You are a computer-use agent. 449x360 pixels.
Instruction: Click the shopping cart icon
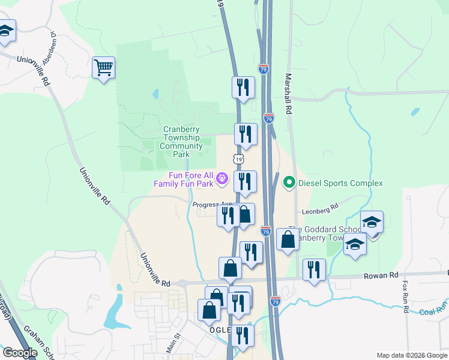coord(103,68)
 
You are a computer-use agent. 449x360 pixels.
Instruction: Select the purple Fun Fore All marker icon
coord(223,178)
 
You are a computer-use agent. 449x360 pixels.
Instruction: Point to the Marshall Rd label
coord(288,94)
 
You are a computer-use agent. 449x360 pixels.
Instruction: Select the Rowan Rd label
coord(380,275)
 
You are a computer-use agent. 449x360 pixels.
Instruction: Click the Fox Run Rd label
coord(406,297)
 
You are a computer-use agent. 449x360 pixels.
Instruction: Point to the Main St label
coord(173,344)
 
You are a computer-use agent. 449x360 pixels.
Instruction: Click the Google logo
coord(20,353)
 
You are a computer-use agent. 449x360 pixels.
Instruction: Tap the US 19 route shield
coord(239,160)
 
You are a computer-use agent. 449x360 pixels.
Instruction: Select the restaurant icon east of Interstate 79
coord(314,269)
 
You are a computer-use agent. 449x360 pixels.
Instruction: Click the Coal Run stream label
coord(433,310)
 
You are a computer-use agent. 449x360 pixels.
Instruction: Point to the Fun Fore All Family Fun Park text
coord(190,179)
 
